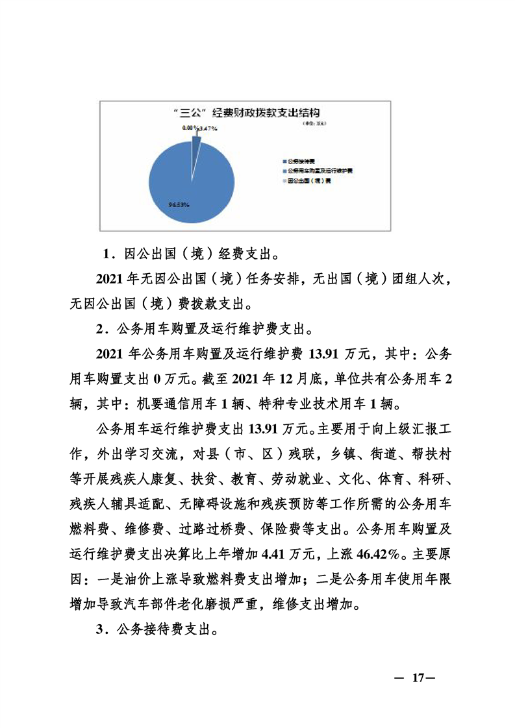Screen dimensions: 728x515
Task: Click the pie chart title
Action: (x=245, y=112)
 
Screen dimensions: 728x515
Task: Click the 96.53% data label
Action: (x=179, y=205)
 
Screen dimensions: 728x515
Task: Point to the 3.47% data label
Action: (x=207, y=128)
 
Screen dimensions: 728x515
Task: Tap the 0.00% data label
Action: (x=190, y=128)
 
